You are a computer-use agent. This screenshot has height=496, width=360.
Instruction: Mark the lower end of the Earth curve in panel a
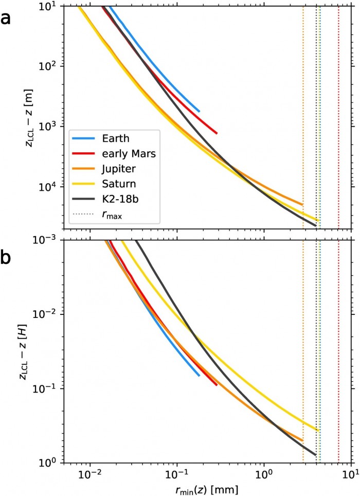199,111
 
